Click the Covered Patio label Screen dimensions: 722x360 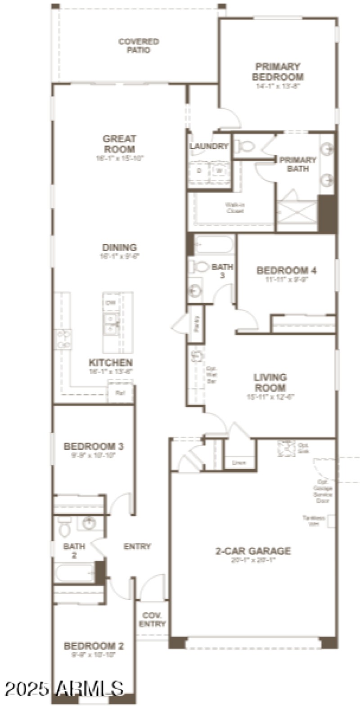139,46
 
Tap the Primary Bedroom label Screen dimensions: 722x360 278,72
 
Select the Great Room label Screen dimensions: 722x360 119,144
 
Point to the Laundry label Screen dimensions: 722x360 209,146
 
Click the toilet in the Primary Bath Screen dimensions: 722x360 246,146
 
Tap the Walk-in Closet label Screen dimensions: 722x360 235,208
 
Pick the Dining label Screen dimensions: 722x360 119,247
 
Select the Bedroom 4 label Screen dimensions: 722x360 286,270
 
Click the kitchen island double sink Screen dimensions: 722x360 111,324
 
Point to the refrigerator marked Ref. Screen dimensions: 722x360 120,393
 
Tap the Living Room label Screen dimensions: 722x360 270,382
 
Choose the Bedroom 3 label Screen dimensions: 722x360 94,446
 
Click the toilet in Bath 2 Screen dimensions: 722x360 65,529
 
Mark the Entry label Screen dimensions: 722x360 137,547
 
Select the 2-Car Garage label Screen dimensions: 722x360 253,551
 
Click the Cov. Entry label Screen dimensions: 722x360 152,619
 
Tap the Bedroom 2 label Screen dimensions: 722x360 94,646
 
